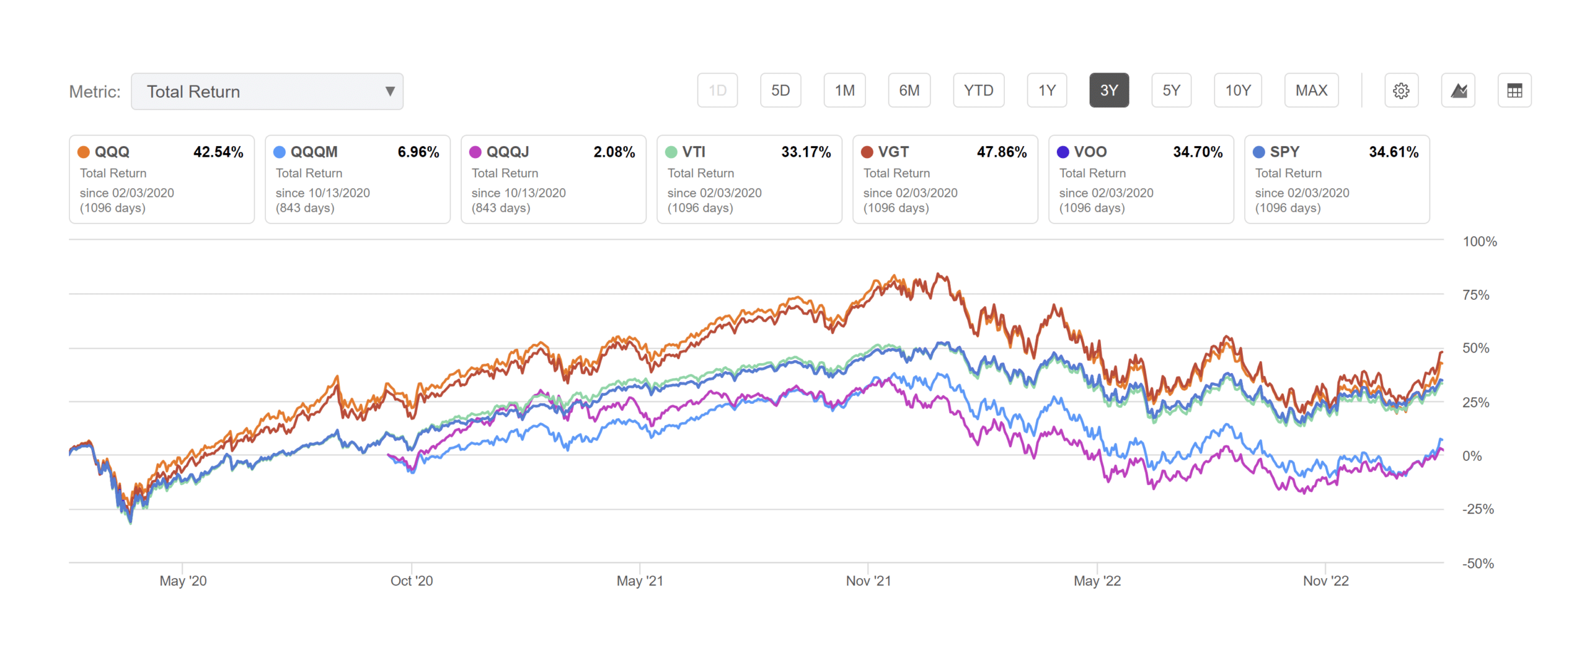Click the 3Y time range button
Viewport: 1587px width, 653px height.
1108,90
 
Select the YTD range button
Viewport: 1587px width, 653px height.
978,90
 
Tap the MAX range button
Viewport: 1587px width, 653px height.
1311,90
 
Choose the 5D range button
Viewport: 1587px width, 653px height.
780,90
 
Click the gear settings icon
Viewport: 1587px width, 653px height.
1401,90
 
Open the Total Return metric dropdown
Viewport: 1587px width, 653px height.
267,92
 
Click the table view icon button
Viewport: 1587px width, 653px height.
1514,90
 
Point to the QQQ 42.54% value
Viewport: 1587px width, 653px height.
218,152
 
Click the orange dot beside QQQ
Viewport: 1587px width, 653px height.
84,152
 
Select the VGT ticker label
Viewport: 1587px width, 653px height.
893,152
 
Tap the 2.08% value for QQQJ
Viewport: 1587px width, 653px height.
614,152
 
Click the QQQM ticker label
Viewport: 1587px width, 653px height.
314,152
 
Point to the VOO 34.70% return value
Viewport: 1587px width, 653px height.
1197,152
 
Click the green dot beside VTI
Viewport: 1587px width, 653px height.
671,152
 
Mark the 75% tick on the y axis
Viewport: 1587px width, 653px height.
1475,295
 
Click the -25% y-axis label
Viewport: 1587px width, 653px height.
1478,509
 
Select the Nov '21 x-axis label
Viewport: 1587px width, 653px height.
868,581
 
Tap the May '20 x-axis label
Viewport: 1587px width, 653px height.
183,581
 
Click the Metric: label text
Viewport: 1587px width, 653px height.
95,92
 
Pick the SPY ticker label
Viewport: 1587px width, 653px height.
1284,152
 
